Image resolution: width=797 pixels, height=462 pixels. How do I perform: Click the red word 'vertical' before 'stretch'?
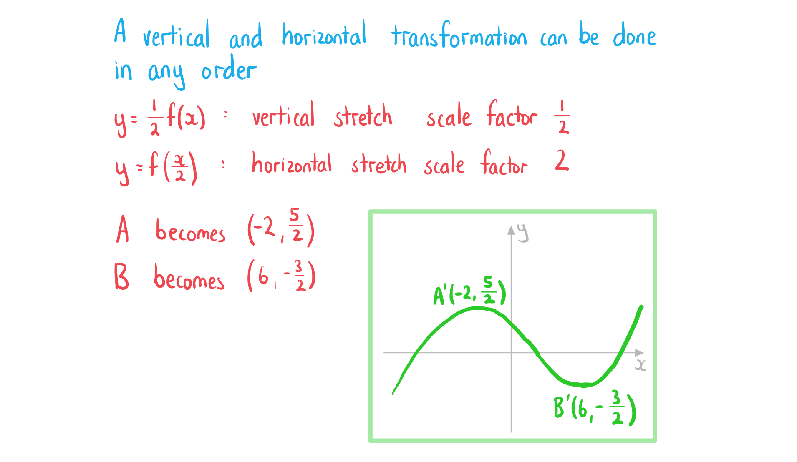click(283, 115)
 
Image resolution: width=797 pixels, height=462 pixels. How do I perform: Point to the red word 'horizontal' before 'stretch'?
click(292, 163)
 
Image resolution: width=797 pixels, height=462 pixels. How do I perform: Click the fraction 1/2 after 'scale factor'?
click(562, 117)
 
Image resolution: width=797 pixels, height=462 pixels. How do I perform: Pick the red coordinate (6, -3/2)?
click(281, 276)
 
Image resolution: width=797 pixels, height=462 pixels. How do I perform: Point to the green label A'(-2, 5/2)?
click(469, 291)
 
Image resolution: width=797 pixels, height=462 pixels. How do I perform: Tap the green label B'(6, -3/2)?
click(595, 407)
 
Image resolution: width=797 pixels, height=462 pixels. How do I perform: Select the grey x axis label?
click(641, 365)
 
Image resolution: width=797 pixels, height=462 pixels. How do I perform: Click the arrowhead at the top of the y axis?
click(511, 230)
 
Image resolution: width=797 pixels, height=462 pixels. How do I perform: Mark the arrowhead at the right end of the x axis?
click(639, 353)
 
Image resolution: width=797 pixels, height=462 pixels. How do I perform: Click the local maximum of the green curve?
click(478, 309)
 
